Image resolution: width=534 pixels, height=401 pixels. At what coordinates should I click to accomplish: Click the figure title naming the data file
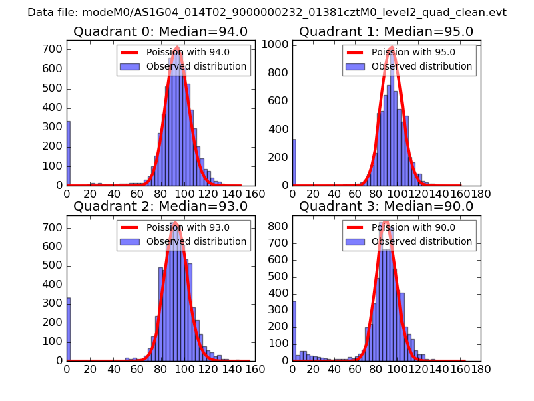pos(267,13)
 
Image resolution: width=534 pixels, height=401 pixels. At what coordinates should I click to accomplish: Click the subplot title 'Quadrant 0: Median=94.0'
pos(160,31)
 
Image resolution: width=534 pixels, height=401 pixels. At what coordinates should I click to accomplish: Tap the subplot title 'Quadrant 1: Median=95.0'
pos(386,31)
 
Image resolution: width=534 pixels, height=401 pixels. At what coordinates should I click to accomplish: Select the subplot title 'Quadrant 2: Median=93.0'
pos(160,206)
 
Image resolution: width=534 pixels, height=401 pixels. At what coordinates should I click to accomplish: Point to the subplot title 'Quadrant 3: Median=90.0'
pos(386,206)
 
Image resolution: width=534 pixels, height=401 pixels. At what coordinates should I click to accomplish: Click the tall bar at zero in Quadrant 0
pos(68,154)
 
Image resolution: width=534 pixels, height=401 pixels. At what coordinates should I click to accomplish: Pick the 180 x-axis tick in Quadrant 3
pos(481,368)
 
